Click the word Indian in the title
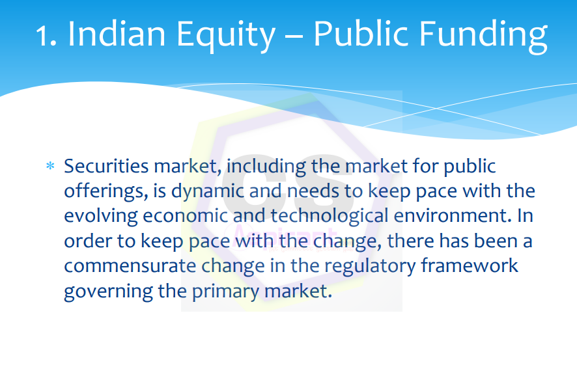pyautogui.click(x=117, y=34)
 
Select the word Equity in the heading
pyautogui.click(x=226, y=36)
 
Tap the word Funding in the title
pyautogui.click(x=483, y=36)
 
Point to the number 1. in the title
pyautogui.click(x=46, y=36)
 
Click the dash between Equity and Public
pyautogui.click(x=294, y=36)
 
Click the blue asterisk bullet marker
pyautogui.click(x=50, y=166)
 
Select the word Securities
pyautogui.click(x=106, y=166)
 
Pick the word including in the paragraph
pyautogui.click(x=266, y=167)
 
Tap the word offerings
pyautogui.click(x=106, y=192)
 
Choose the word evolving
pyautogui.click(x=101, y=217)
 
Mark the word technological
pyautogui.click(x=330, y=217)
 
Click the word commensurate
pyautogui.click(x=130, y=266)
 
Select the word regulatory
pyautogui.click(x=370, y=267)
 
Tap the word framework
pyautogui.click(x=470, y=265)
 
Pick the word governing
pyautogui.click(x=108, y=292)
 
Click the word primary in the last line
pyautogui.click(x=225, y=292)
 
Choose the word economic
pyautogui.click(x=185, y=216)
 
